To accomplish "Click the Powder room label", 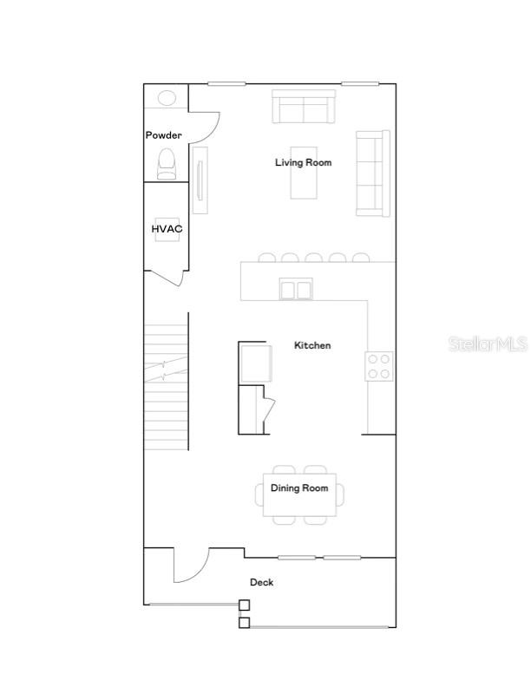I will point(163,135).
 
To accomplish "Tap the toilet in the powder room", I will point(166,163).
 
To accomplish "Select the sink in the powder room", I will point(166,98).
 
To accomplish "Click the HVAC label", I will point(167,229).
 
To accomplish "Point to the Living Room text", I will point(303,162).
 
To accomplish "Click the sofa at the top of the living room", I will point(304,108).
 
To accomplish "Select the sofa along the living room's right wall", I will point(372,173).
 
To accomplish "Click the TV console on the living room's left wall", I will point(200,180).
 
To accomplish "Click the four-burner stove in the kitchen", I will point(378,366).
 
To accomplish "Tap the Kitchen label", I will point(312,345).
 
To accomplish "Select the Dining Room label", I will point(299,488).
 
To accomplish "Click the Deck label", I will point(261,582).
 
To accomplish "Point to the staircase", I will point(166,386).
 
